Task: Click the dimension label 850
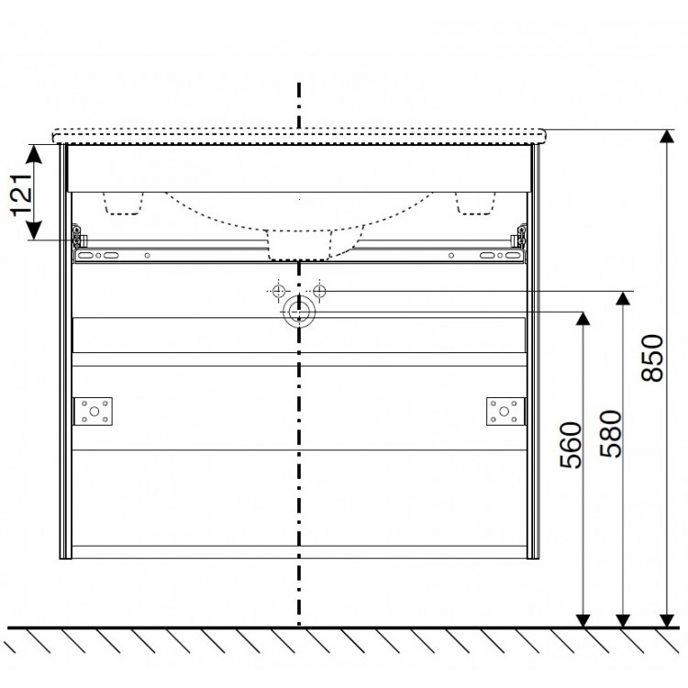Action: click(x=652, y=359)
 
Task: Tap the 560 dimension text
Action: click(x=570, y=447)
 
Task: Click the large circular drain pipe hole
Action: click(x=298, y=313)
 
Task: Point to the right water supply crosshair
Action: click(x=318, y=291)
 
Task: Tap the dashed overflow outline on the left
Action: click(x=126, y=203)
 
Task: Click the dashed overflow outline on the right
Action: click(x=473, y=203)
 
